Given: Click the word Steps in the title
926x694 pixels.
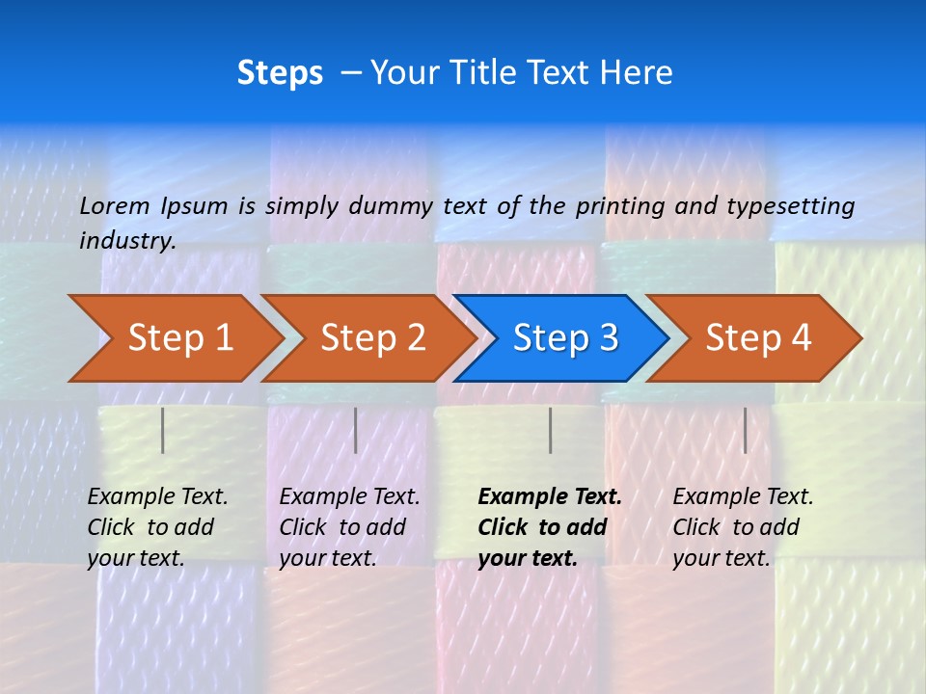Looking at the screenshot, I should tap(280, 73).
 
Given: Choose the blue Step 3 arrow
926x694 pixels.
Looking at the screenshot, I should tap(559, 338).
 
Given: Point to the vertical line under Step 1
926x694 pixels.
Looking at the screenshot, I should tap(163, 430).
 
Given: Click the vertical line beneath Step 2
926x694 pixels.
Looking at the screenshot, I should tap(356, 430).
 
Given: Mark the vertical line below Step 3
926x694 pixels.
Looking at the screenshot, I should tap(550, 430).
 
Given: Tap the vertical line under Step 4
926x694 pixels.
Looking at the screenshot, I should tap(745, 430).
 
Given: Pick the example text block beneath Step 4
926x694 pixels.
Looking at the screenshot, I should tap(743, 527).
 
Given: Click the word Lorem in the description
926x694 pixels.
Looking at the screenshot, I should tap(115, 205).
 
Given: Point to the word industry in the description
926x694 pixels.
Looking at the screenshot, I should tap(127, 240).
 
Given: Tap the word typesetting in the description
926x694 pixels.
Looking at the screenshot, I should tap(790, 205).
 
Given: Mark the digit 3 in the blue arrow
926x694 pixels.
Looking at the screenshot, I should tap(608, 338).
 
